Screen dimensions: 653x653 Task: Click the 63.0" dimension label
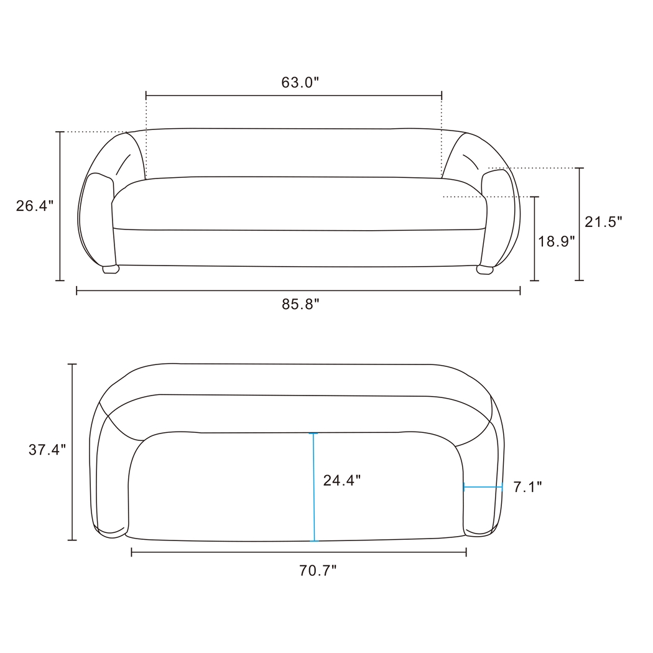pyautogui.click(x=300, y=83)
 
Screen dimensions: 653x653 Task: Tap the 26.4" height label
pyautogui.click(x=35, y=206)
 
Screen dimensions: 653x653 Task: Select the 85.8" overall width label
pyautogui.click(x=300, y=304)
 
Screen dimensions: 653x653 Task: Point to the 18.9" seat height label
pyautogui.click(x=557, y=241)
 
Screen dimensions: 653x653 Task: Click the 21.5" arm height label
pyautogui.click(x=603, y=221)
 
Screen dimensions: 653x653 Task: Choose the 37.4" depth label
pyautogui.click(x=47, y=450)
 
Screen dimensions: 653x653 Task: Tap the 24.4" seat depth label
pyautogui.click(x=341, y=480)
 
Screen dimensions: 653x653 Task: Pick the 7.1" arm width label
pyautogui.click(x=527, y=487)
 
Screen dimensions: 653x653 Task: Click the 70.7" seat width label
pyautogui.click(x=318, y=570)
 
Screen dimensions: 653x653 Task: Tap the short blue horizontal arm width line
pyautogui.click(x=483, y=488)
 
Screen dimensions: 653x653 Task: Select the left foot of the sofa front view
pyautogui.click(x=111, y=269)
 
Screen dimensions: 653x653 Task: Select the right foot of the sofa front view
pyautogui.click(x=484, y=269)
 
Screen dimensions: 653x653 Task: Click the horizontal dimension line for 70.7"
pyautogui.click(x=299, y=552)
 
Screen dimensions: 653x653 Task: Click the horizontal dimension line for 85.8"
pyautogui.click(x=299, y=290)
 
